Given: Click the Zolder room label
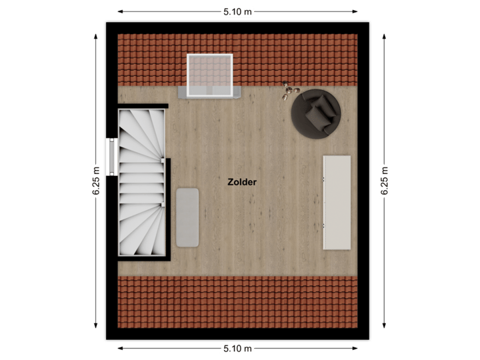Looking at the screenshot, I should (241, 181).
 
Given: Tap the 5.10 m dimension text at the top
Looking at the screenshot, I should (238, 11).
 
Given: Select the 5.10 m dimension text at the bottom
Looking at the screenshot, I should (238, 349).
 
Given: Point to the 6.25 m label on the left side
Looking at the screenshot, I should (97, 180).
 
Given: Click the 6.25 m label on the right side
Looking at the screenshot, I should (385, 180).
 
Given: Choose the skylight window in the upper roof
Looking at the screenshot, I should (209, 74).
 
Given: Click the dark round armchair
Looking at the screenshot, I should (315, 113).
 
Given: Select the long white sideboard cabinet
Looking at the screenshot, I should (337, 202).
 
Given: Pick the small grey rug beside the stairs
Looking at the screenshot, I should (188, 217).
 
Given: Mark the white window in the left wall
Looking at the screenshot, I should (111, 155).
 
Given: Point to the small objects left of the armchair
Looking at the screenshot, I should (289, 90).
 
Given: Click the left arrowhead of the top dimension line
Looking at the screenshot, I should (121, 11).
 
